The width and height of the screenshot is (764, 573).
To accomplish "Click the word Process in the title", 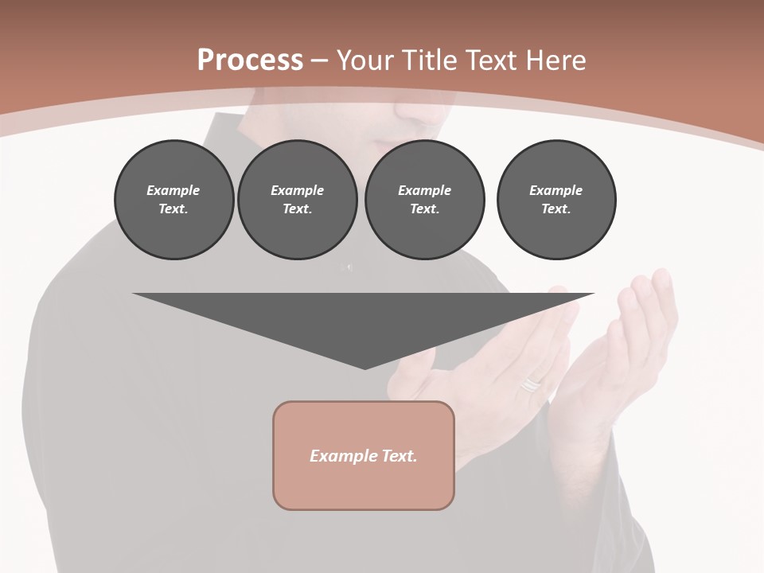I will [x=250, y=60].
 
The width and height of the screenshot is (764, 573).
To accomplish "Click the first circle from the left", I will [x=173, y=200].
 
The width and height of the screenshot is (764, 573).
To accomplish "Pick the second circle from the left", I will [x=297, y=200].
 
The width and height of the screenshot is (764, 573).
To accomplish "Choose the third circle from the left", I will [x=424, y=200].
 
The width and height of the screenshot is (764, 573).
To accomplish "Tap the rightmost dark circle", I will [x=555, y=200].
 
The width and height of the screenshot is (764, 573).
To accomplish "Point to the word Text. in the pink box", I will [x=397, y=456].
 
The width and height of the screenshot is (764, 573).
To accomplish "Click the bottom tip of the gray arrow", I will [x=364, y=368].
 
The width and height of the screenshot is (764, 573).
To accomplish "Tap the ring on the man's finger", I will [x=531, y=385].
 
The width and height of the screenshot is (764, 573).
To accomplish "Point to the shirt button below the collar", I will [x=348, y=266].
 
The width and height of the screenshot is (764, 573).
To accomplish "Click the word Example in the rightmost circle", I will [x=555, y=190].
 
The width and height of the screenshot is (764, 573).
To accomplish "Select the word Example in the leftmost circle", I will [x=173, y=190].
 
